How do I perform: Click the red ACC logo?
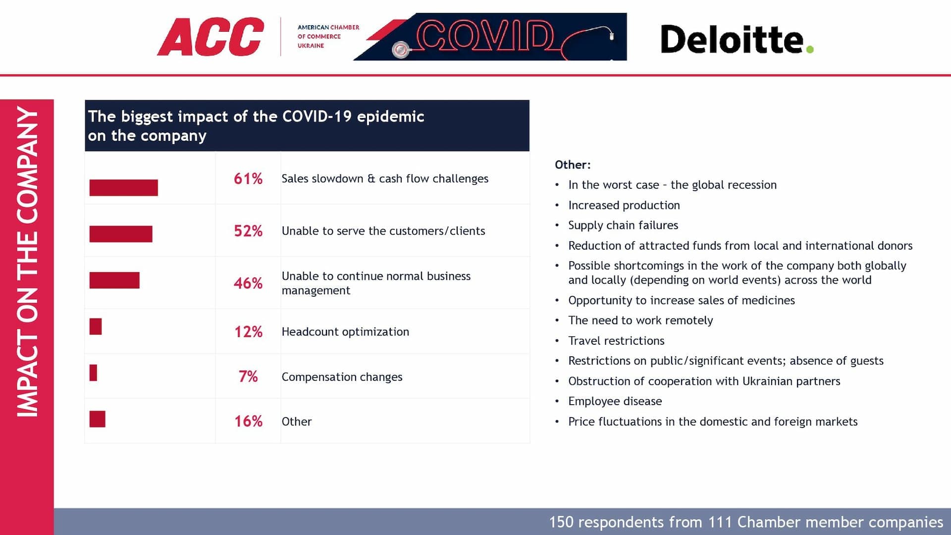pos(211,37)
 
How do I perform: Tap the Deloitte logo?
pos(737,39)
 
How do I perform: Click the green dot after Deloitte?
pos(810,49)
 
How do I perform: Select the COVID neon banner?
pos(490,37)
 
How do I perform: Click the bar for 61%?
pos(124,188)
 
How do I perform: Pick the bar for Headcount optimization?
pos(96,326)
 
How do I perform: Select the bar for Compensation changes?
pos(93,373)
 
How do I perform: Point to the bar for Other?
pos(97,419)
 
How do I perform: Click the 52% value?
pos(248,231)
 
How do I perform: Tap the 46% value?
pos(248,283)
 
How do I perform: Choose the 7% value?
pos(248,376)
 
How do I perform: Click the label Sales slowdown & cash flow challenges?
pos(385,179)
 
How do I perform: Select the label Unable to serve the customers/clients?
pos(383,231)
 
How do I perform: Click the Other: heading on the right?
pos(573,165)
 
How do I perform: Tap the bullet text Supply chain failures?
pos(623,225)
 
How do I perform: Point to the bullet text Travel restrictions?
pos(616,341)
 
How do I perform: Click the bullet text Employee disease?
pos(615,401)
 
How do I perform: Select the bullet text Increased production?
pos(624,205)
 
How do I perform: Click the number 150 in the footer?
pos(561,522)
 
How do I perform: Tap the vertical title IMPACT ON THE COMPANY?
pos(27,262)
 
